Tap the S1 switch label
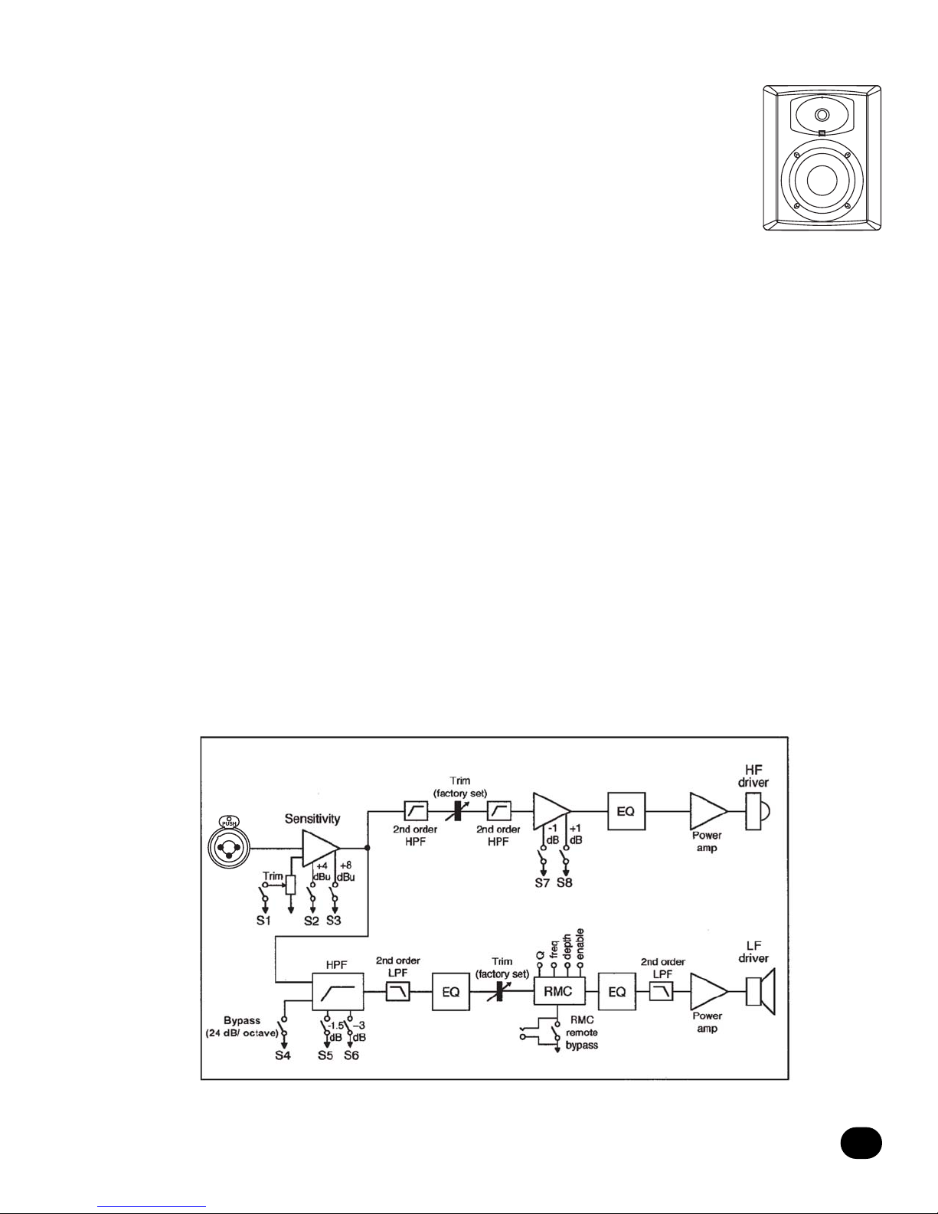pos(263,920)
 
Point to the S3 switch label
pos(333,920)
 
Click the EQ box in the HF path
pos(626,811)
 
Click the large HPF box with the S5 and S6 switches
pos(337,991)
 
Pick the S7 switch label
pos(542,883)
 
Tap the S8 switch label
pos(564,883)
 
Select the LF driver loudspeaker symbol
pos(760,992)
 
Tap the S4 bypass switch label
pos(283,1055)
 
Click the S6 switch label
pos(351,1055)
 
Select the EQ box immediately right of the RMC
pos(617,992)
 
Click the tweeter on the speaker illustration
pos(822,115)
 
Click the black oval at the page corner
pos(861,1143)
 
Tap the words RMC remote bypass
pos(582,1032)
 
